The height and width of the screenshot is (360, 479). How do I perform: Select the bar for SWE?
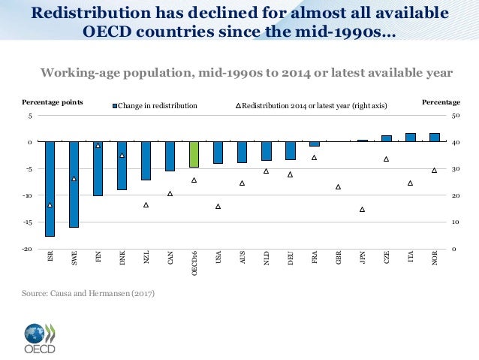[x=74, y=184]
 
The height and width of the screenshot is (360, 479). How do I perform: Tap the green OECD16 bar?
[x=194, y=154]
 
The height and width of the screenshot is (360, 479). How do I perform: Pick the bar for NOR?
[x=434, y=138]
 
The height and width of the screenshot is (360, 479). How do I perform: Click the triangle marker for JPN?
[x=362, y=210]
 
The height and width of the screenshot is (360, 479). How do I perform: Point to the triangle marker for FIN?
[x=98, y=145]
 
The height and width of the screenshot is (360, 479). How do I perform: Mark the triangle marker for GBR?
[x=338, y=186]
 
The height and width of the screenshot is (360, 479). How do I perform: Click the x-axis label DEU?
[x=290, y=259]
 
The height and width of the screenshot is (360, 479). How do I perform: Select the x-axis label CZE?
[x=386, y=259]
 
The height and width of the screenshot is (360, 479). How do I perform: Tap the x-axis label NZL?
[x=146, y=259]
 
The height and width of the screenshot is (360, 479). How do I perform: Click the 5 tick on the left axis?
[x=29, y=116]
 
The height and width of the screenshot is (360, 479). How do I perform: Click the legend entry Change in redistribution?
[x=157, y=106]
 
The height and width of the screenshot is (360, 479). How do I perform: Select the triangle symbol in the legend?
[x=239, y=106]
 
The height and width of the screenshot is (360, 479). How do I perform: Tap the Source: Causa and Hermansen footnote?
[x=89, y=292]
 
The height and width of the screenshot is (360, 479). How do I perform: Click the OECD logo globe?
[x=35, y=333]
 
